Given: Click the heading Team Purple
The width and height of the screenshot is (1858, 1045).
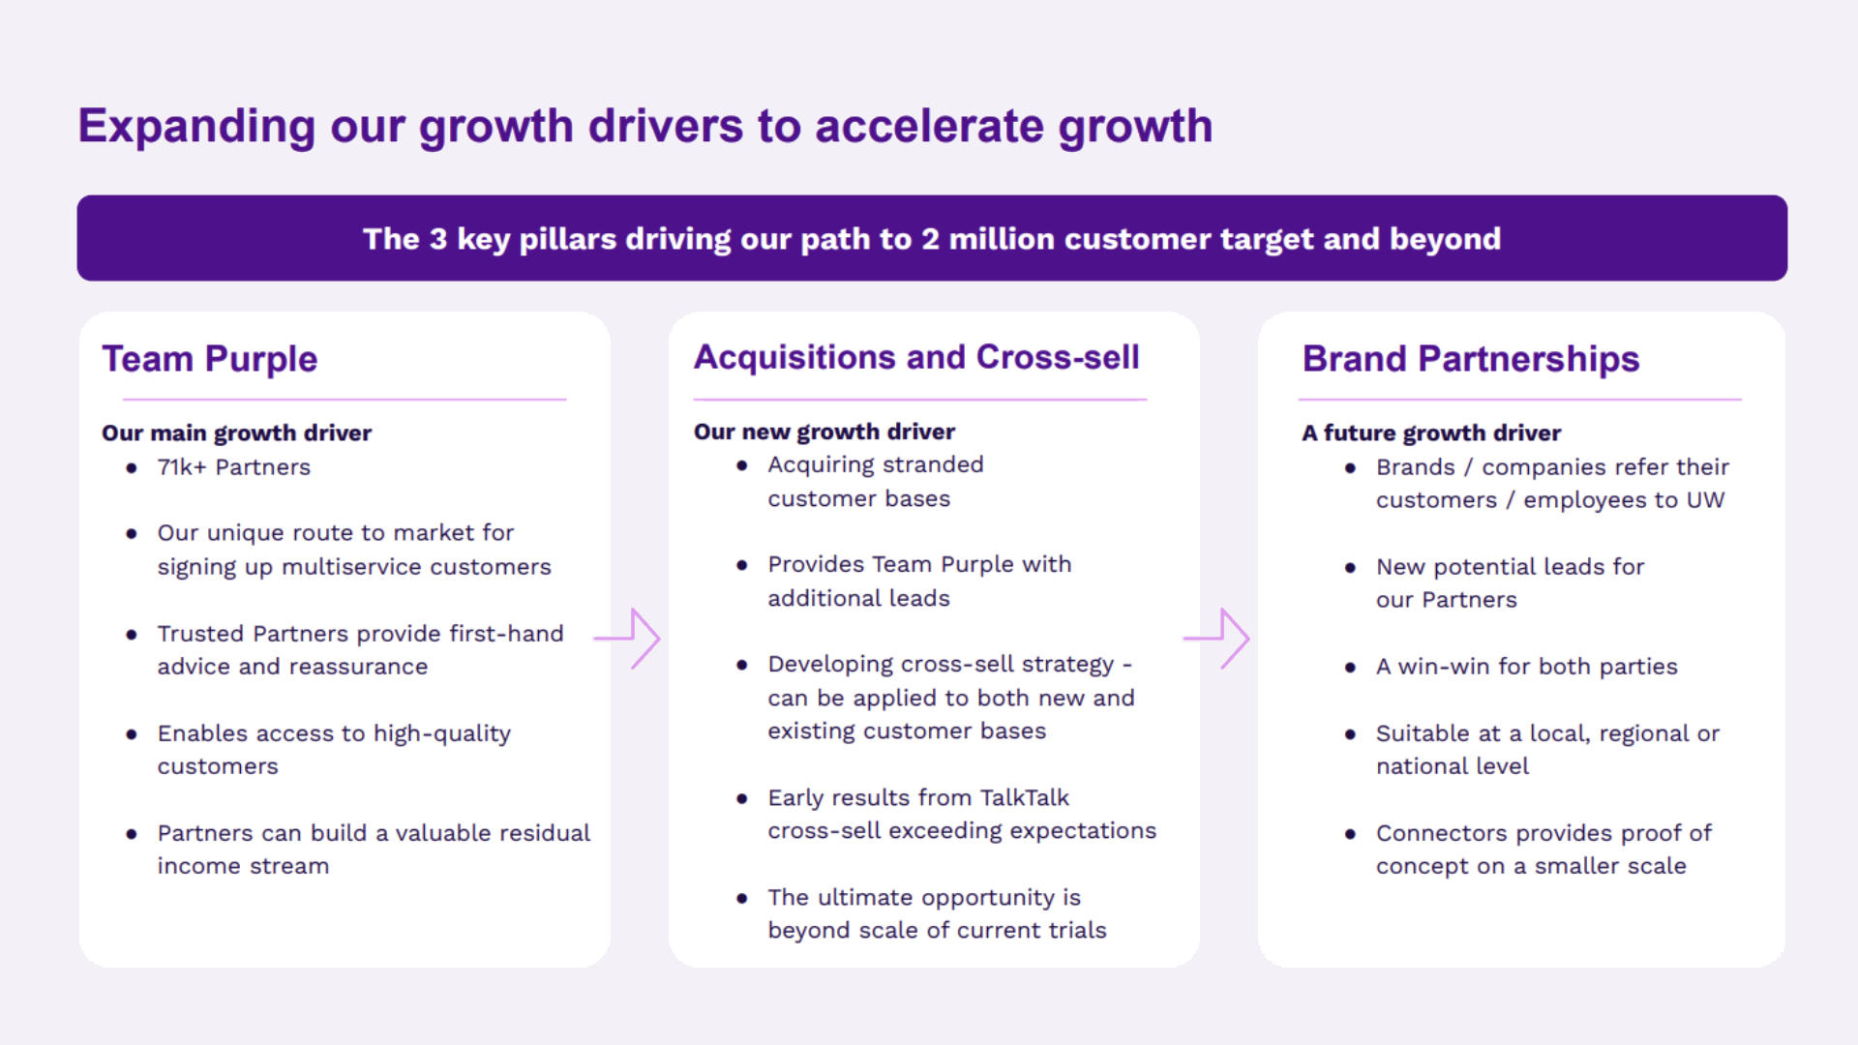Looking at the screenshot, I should [x=210, y=359].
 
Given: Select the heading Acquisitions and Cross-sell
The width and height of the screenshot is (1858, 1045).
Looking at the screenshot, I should [x=916, y=357].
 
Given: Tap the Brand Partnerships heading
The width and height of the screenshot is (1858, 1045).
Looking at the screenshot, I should [x=1470, y=359].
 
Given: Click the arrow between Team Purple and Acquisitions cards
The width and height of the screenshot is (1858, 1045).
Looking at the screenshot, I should [x=629, y=639].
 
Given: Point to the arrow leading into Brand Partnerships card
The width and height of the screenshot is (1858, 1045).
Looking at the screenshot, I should [x=1218, y=639].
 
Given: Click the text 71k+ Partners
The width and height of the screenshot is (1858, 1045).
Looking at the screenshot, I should [x=233, y=467].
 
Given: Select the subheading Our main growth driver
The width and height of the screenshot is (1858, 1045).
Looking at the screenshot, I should [x=236, y=433].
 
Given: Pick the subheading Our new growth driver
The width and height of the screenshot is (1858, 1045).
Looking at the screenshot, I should [x=824, y=432].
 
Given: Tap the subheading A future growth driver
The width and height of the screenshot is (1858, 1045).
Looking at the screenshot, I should [x=1430, y=433].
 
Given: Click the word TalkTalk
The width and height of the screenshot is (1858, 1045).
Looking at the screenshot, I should [x=1024, y=797].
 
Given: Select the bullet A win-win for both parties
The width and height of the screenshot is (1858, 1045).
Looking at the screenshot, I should [x=1526, y=667].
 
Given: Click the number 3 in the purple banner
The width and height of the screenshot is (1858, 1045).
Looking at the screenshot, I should [x=437, y=239].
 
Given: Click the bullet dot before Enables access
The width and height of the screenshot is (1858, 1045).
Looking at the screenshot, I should [x=132, y=734].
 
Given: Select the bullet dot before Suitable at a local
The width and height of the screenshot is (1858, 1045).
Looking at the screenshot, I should [x=1350, y=734].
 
